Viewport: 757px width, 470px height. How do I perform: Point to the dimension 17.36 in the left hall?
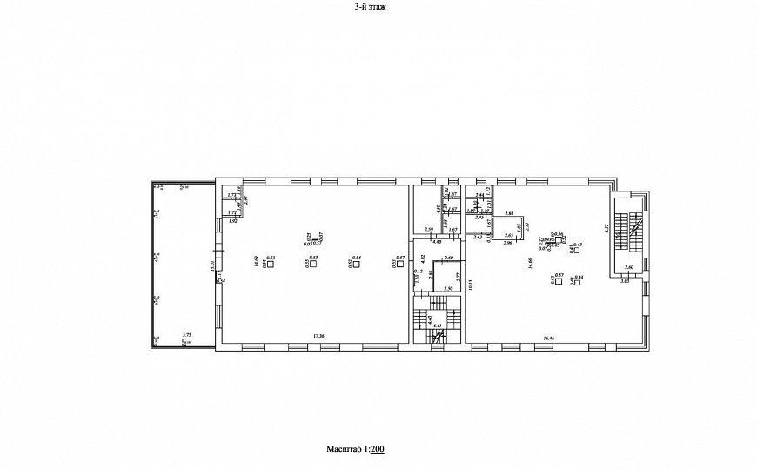point(318,336)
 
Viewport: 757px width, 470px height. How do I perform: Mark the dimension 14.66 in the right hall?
point(530,263)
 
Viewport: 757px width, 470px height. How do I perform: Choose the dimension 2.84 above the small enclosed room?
point(509,214)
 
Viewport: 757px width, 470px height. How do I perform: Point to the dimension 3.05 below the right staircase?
point(624,281)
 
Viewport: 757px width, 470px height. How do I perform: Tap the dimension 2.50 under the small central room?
point(448,288)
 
